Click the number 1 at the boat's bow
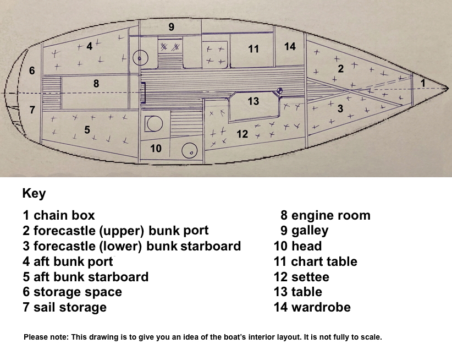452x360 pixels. [x=423, y=83]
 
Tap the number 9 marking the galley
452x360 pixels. [x=171, y=27]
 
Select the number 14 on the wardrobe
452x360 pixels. [x=290, y=46]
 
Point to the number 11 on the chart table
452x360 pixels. [x=253, y=49]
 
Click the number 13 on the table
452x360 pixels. [x=253, y=101]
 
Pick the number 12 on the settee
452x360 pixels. [x=242, y=134]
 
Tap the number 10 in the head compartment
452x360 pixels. [x=156, y=149]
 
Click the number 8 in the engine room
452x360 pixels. [x=96, y=84]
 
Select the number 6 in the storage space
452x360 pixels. [x=32, y=70]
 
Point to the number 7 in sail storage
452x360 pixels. [x=32, y=110]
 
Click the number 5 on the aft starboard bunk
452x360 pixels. [x=87, y=130]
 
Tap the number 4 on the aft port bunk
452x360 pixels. [x=90, y=46]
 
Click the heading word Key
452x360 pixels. [x=34, y=194]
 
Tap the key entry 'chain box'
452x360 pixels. [x=64, y=215]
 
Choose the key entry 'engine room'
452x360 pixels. [x=331, y=215]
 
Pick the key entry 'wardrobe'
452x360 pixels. [x=321, y=307]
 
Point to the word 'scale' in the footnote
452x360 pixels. [x=372, y=337]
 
